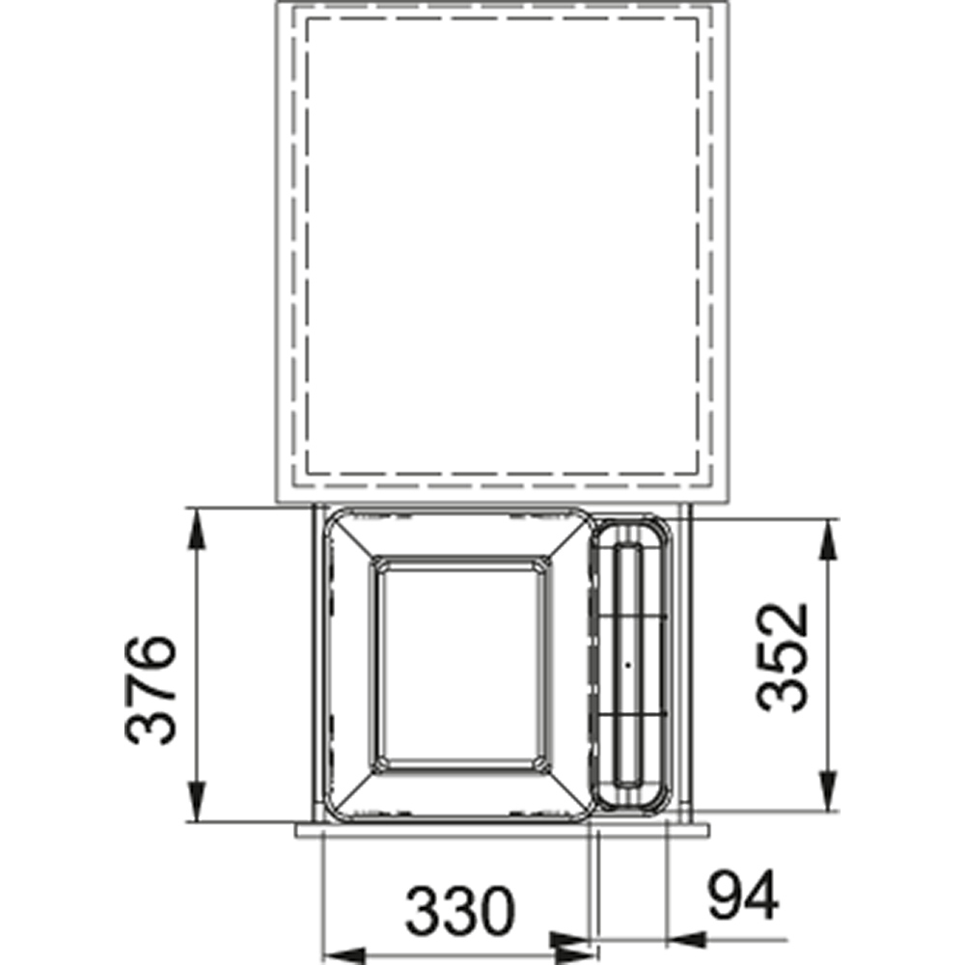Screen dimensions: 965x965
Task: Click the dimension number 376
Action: point(151,690)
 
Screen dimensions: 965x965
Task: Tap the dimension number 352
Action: point(782,657)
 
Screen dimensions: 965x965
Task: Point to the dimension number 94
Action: point(743,895)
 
